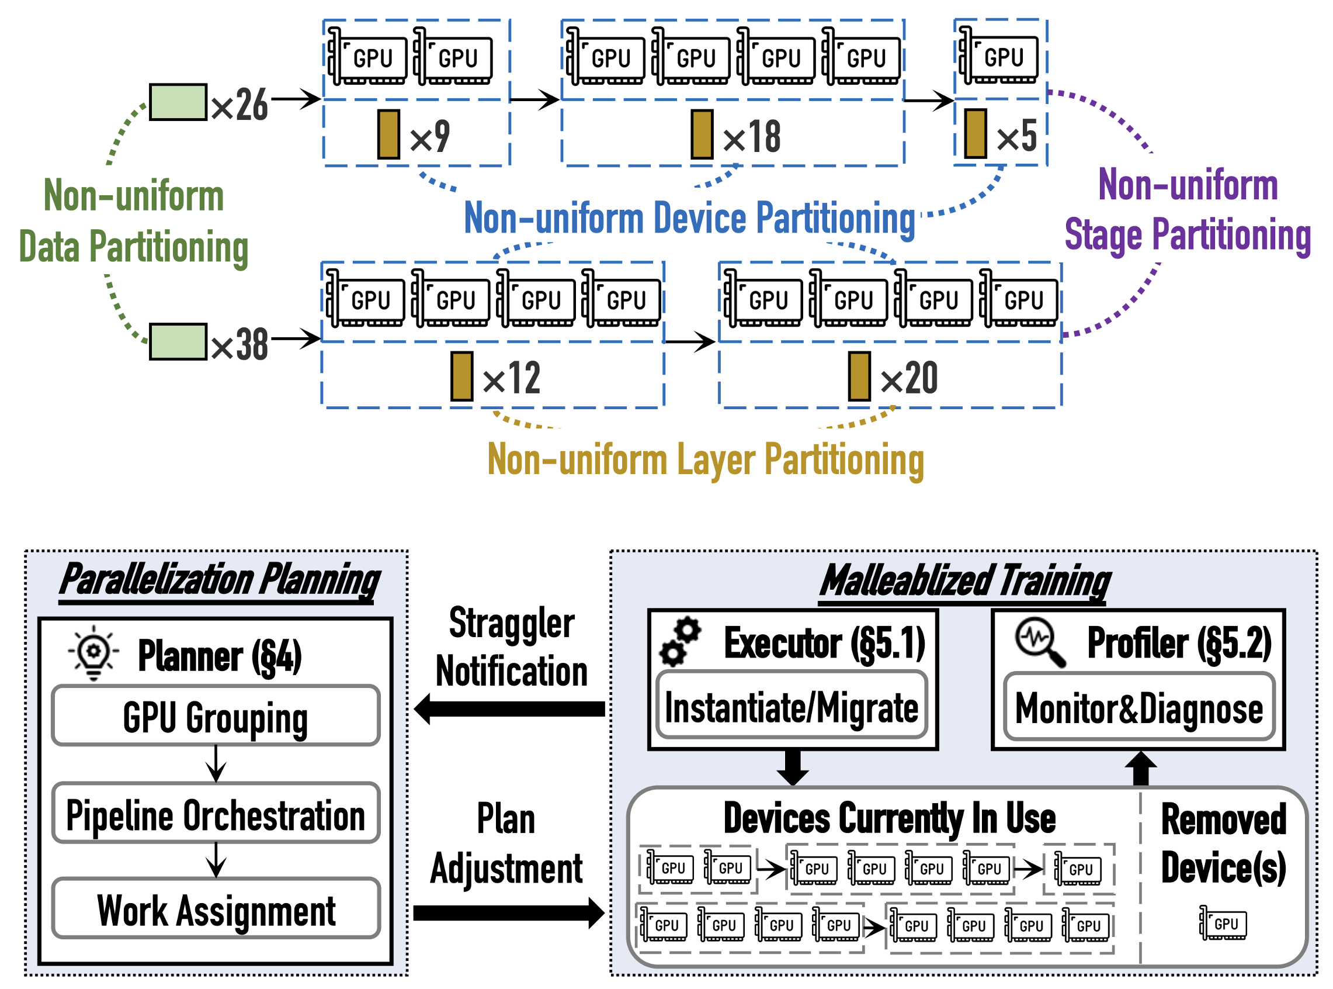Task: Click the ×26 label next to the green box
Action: click(239, 105)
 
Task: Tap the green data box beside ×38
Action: click(178, 342)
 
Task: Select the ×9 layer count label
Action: click(429, 137)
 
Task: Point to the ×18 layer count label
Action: click(751, 137)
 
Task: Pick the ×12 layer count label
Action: click(512, 378)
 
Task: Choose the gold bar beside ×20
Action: click(859, 376)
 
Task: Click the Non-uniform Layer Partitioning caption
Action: click(706, 460)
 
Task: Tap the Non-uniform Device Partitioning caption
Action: click(689, 218)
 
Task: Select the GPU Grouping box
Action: click(216, 716)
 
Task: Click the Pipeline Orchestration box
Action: click(216, 814)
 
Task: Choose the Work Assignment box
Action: click(216, 909)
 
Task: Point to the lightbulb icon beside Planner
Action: click(93, 652)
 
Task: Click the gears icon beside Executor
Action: click(680, 642)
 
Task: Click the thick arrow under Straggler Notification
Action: click(509, 709)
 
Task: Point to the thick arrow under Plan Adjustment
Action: click(509, 912)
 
